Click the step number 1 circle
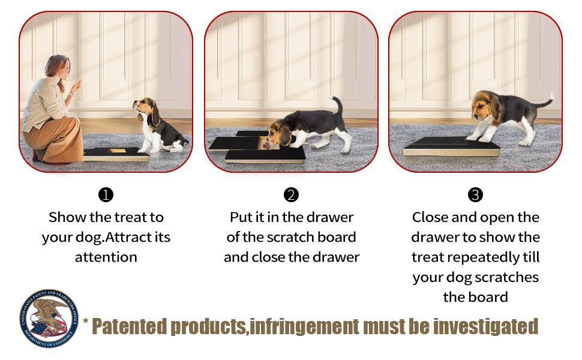pyautogui.click(x=106, y=195)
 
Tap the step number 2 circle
pyautogui.click(x=291, y=195)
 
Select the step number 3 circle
pyautogui.click(x=475, y=195)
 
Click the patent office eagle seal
pyautogui.click(x=49, y=319)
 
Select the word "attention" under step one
pyautogui.click(x=106, y=257)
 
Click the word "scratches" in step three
pyautogui.click(x=506, y=277)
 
